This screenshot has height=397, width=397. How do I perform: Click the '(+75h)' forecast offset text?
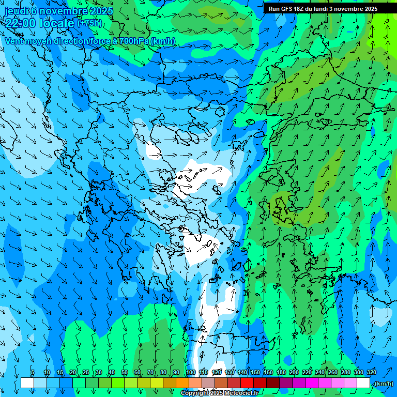coord(89,23)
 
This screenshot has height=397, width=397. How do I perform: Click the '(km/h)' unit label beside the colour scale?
coord(384,384)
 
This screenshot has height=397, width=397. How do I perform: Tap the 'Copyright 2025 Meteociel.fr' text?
coord(219,393)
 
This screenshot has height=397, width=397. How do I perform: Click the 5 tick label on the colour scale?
coord(33,372)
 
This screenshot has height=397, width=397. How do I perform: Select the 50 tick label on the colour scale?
coord(125,372)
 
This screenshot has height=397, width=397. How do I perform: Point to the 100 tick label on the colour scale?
coord(190,372)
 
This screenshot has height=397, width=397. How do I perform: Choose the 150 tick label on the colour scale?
coord(255,372)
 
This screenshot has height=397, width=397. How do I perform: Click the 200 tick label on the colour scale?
coord(294,372)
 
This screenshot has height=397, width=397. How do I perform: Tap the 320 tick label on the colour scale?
coord(372,372)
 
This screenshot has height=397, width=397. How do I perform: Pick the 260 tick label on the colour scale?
coord(333,372)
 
